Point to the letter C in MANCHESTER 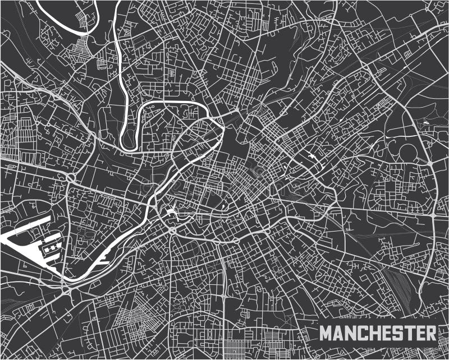tap(361, 333)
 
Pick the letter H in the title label tap(373, 333)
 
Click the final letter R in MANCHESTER tap(427, 333)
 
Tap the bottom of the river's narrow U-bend tap(129, 145)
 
